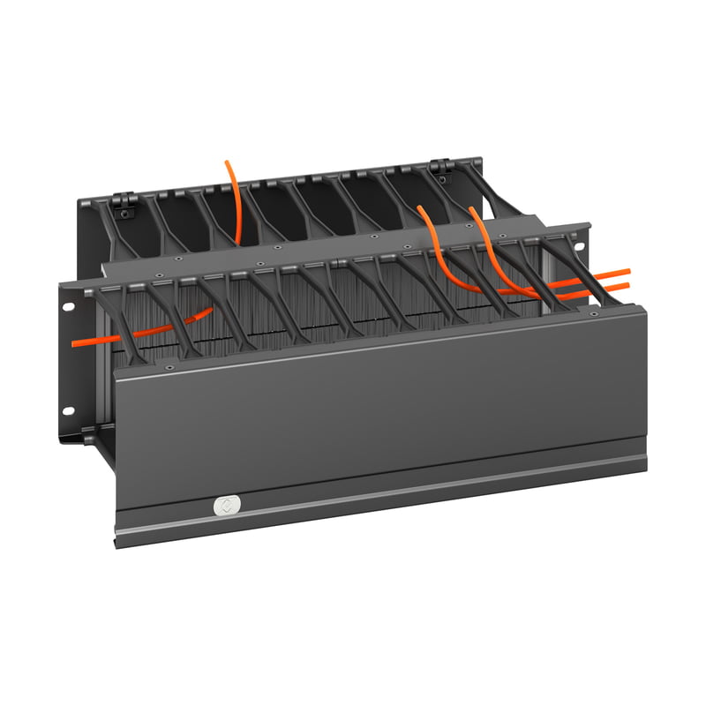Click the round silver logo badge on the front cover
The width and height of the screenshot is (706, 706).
coord(223,506)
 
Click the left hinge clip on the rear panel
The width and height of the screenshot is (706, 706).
coord(124,205)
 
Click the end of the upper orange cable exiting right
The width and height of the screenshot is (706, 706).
coord(629,271)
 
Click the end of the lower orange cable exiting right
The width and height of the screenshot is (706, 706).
coord(629,285)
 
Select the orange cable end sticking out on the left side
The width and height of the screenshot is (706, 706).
coord(74,341)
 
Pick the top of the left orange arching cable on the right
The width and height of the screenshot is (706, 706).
coord(421,209)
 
